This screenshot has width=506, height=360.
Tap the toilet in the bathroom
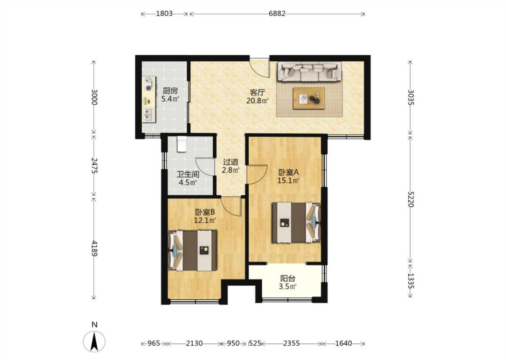point(182,144)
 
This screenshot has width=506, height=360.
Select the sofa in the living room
point(309,72)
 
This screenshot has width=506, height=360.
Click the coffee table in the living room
point(309,99)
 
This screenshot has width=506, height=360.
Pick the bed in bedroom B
point(193,250)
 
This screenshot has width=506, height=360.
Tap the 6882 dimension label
point(277,13)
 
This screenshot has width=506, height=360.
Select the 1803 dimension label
point(164,13)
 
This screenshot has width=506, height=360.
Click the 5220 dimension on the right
point(411,199)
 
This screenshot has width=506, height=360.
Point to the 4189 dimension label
point(94,248)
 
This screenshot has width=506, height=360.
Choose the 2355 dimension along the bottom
point(291,343)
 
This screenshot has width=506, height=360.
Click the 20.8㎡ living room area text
point(257,100)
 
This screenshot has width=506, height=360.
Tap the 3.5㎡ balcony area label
point(287,286)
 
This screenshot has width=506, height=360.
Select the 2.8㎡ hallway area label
point(230,170)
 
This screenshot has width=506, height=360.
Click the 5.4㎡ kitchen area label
point(170,99)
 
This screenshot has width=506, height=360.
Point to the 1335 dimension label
point(411,281)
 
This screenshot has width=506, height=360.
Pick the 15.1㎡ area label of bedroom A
point(288,180)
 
